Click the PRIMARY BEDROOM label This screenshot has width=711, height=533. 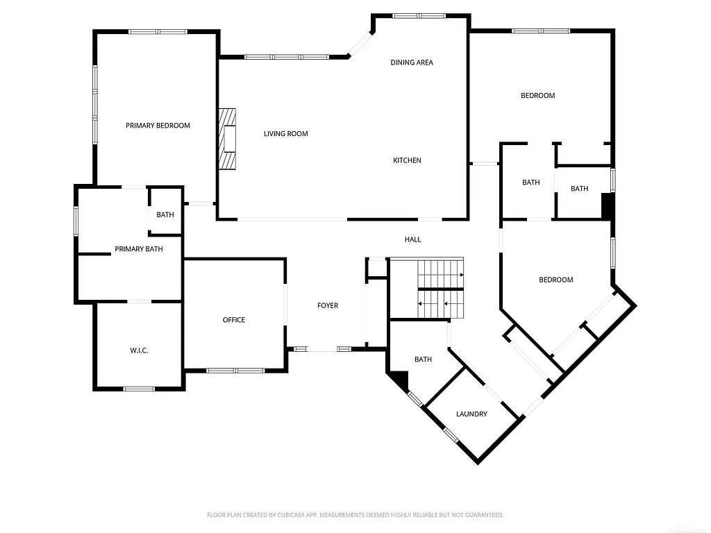point(158,126)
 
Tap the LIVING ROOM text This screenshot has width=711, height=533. point(285,134)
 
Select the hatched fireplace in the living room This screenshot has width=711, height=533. point(227,139)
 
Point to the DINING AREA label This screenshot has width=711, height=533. point(412,62)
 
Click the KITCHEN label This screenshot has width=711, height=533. point(407,160)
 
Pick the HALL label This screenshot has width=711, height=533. point(413,239)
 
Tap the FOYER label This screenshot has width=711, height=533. point(328,305)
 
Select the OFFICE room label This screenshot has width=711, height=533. point(234,320)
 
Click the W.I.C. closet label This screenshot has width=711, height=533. point(139,350)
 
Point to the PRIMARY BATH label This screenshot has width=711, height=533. point(139,249)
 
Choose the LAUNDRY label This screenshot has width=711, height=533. point(471,414)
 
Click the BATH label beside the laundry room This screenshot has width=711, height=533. point(423,359)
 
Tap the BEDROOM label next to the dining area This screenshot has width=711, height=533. point(538,96)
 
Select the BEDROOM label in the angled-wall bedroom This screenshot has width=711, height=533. point(556,280)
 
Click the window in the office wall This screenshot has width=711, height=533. point(235,370)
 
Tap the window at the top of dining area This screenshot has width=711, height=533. point(419,15)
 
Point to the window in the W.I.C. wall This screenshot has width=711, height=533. point(139,389)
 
